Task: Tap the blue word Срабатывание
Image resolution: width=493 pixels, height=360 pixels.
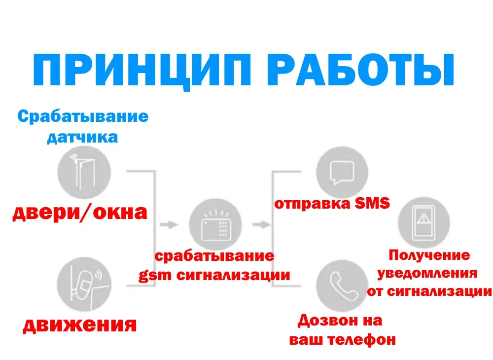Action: coord(83,116)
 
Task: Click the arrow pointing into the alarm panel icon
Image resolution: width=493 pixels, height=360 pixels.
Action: coord(170,225)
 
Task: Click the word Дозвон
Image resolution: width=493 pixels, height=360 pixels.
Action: coord(323,321)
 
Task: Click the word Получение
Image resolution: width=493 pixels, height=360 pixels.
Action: coord(429,255)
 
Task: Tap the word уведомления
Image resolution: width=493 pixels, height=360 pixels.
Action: coord(430,273)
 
